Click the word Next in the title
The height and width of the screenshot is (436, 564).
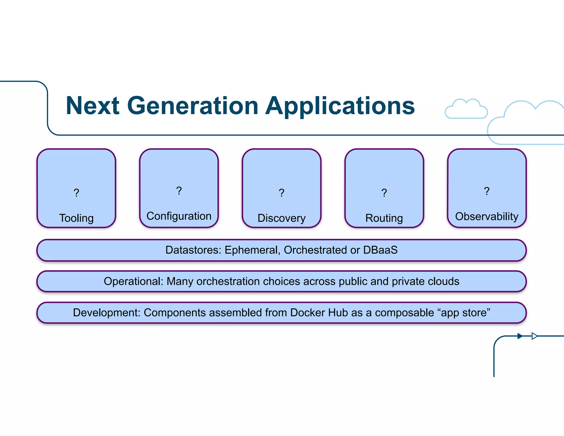[93, 106]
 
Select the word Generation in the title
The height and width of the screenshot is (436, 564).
[192, 106]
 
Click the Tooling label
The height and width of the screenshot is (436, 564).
[76, 218]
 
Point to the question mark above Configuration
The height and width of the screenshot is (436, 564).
[179, 191]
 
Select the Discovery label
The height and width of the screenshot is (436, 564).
[281, 218]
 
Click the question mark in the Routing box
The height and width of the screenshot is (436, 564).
[384, 193]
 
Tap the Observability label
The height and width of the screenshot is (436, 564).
[487, 216]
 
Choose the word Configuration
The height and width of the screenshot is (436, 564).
[179, 216]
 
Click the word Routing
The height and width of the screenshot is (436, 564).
[384, 218]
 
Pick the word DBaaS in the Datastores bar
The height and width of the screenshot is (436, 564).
[380, 250]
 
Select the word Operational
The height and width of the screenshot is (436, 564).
[133, 281]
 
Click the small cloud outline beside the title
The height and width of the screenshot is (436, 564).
[466, 109]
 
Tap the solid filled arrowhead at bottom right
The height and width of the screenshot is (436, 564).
[520, 336]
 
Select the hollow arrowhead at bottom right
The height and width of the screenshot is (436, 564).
[534, 336]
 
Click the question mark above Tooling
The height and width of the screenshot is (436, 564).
[76, 193]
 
